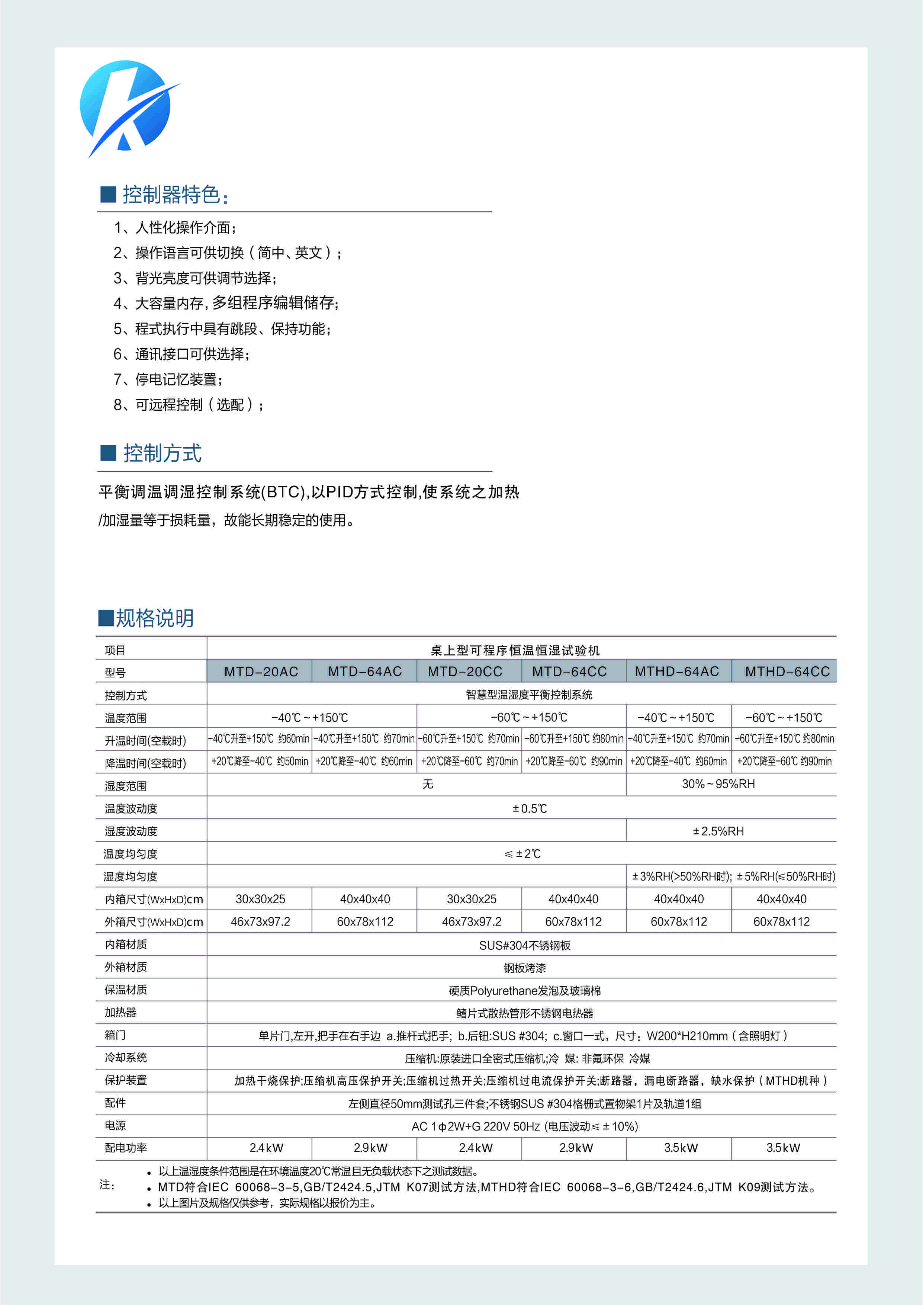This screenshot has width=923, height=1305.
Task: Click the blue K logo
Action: point(126,106)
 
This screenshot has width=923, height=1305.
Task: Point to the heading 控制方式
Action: point(162,453)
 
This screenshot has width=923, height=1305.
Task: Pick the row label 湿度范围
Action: point(126,786)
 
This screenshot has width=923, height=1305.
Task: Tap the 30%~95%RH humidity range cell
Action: point(718,784)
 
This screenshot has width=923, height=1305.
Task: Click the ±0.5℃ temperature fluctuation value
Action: point(530,809)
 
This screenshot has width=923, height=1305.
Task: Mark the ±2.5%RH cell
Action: point(718,831)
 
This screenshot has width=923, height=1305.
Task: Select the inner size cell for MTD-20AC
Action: point(260,899)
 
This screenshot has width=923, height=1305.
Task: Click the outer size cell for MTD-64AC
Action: point(365,922)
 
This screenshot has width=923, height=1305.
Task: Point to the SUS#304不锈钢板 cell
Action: point(525,946)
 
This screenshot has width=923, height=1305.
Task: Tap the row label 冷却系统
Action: point(126,1058)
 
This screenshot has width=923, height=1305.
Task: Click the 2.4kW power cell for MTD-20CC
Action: point(476,1148)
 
